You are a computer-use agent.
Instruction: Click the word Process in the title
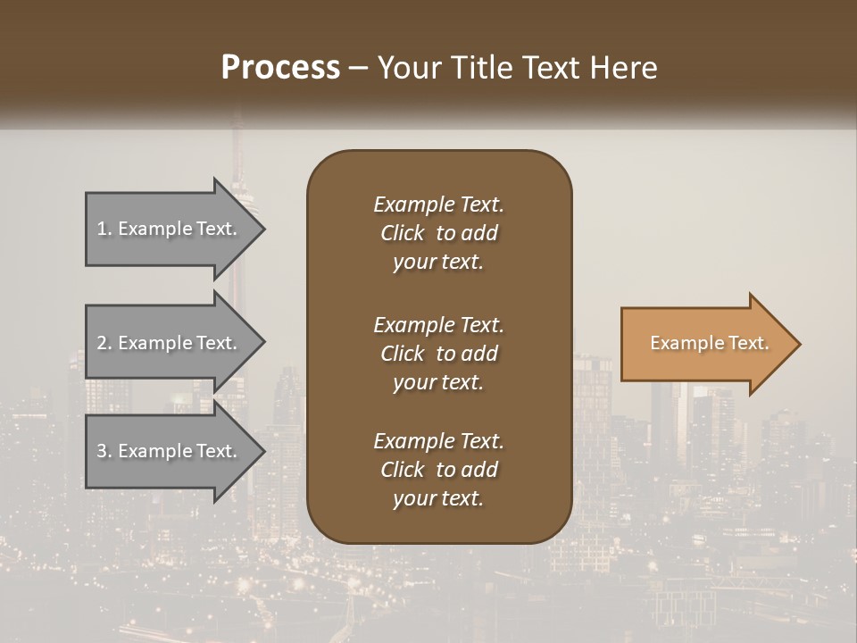(x=280, y=68)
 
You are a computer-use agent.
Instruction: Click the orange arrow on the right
(x=705, y=344)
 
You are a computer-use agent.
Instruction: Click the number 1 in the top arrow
(x=102, y=230)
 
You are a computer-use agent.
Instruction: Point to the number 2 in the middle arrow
(x=102, y=343)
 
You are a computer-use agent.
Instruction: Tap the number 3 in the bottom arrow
(x=102, y=451)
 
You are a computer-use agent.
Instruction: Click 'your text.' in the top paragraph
(x=438, y=263)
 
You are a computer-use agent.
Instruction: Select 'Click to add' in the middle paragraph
(x=438, y=354)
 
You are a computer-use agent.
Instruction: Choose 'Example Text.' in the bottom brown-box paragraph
(x=438, y=441)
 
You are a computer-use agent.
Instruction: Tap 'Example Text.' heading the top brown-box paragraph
(x=438, y=205)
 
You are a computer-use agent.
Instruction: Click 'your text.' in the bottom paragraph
(x=438, y=499)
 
